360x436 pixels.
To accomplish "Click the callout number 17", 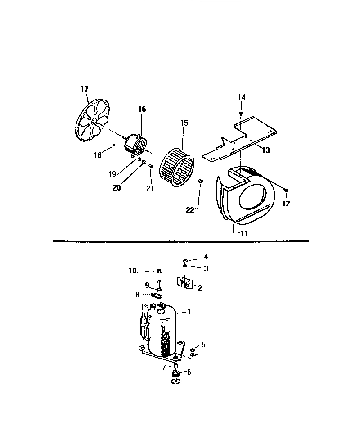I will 85,89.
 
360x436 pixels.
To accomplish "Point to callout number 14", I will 242,97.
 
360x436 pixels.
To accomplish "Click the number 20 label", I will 117,188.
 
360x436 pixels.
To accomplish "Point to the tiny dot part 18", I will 115,145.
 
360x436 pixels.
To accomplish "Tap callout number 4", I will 206,257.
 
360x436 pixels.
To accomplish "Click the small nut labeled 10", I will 158,271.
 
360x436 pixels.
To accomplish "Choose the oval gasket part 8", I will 156,295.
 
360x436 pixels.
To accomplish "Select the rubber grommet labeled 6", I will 176,373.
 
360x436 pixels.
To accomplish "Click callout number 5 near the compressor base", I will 203,345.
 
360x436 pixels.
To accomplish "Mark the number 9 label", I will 147,285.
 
